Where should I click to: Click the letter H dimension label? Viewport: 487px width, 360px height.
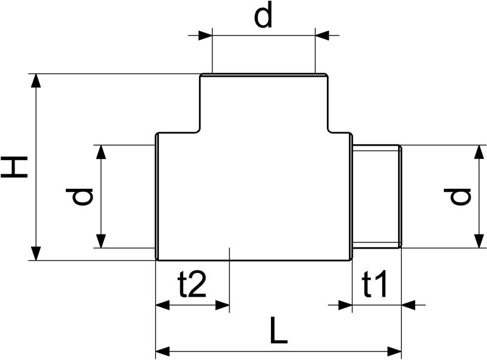[14, 168]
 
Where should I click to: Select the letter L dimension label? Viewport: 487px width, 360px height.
[279, 330]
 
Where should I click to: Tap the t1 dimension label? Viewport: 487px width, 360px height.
[374, 283]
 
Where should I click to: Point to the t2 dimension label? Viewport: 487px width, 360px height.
[192, 283]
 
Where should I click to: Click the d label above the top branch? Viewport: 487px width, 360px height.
[263, 14]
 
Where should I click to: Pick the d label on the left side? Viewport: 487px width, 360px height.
[79, 197]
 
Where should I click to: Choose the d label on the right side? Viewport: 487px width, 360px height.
[457, 197]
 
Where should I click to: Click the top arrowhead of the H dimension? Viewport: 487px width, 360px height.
[37, 81]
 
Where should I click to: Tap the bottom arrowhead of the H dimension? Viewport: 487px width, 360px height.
[37, 253]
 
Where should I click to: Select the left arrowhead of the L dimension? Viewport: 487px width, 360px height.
[163, 352]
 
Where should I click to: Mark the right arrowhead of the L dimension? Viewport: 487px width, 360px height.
[394, 352]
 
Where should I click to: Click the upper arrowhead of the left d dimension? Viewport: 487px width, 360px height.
[101, 152]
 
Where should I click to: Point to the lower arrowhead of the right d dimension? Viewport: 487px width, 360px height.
[480, 241]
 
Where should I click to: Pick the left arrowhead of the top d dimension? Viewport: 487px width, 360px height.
[205, 35]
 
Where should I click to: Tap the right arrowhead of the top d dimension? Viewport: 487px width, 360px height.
[322, 35]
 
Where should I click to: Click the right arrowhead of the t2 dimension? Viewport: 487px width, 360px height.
[222, 305]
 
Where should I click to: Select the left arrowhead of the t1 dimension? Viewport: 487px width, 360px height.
[345, 305]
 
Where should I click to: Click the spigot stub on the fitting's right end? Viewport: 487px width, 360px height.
[377, 197]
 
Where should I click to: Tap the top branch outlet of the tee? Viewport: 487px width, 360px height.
[264, 103]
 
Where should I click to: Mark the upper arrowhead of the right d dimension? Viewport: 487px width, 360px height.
[480, 152]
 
